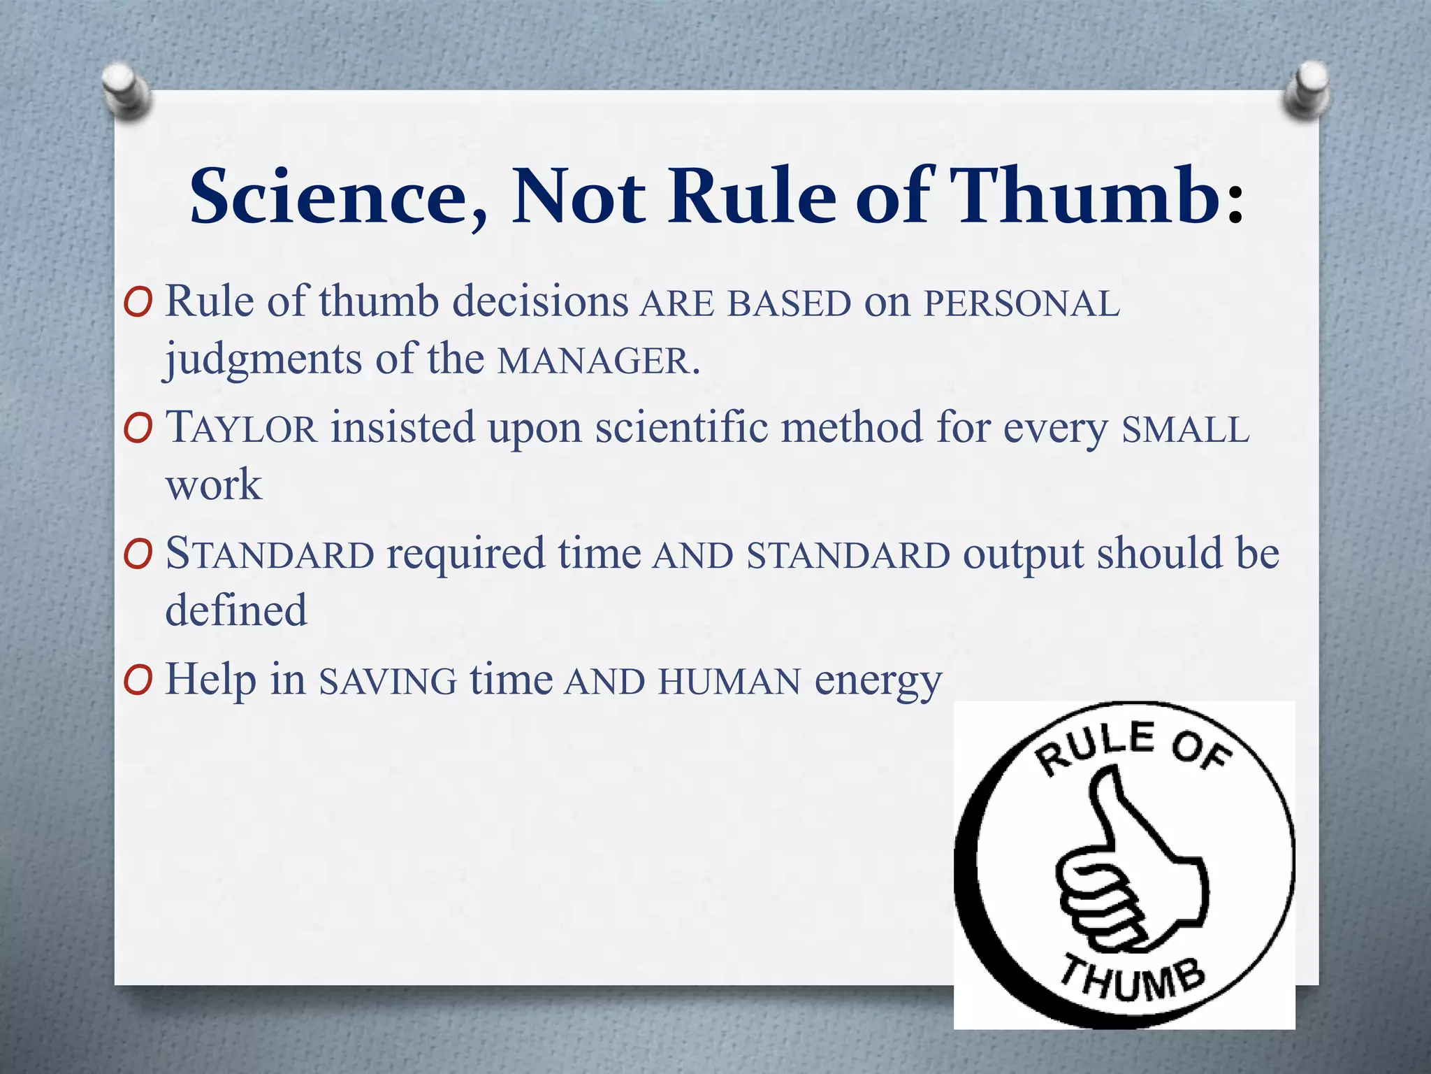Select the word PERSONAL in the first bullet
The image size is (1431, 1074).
(x=1022, y=305)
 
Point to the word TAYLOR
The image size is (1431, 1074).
(x=241, y=428)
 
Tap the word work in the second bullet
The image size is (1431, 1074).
(x=213, y=485)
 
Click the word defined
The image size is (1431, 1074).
(x=236, y=610)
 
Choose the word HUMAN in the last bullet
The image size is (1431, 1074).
(x=729, y=682)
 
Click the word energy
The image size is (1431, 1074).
(x=878, y=682)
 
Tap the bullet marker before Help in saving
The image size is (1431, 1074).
(x=137, y=680)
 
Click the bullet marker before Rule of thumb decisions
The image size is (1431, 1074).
(x=137, y=303)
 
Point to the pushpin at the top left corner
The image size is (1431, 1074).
(x=124, y=89)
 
